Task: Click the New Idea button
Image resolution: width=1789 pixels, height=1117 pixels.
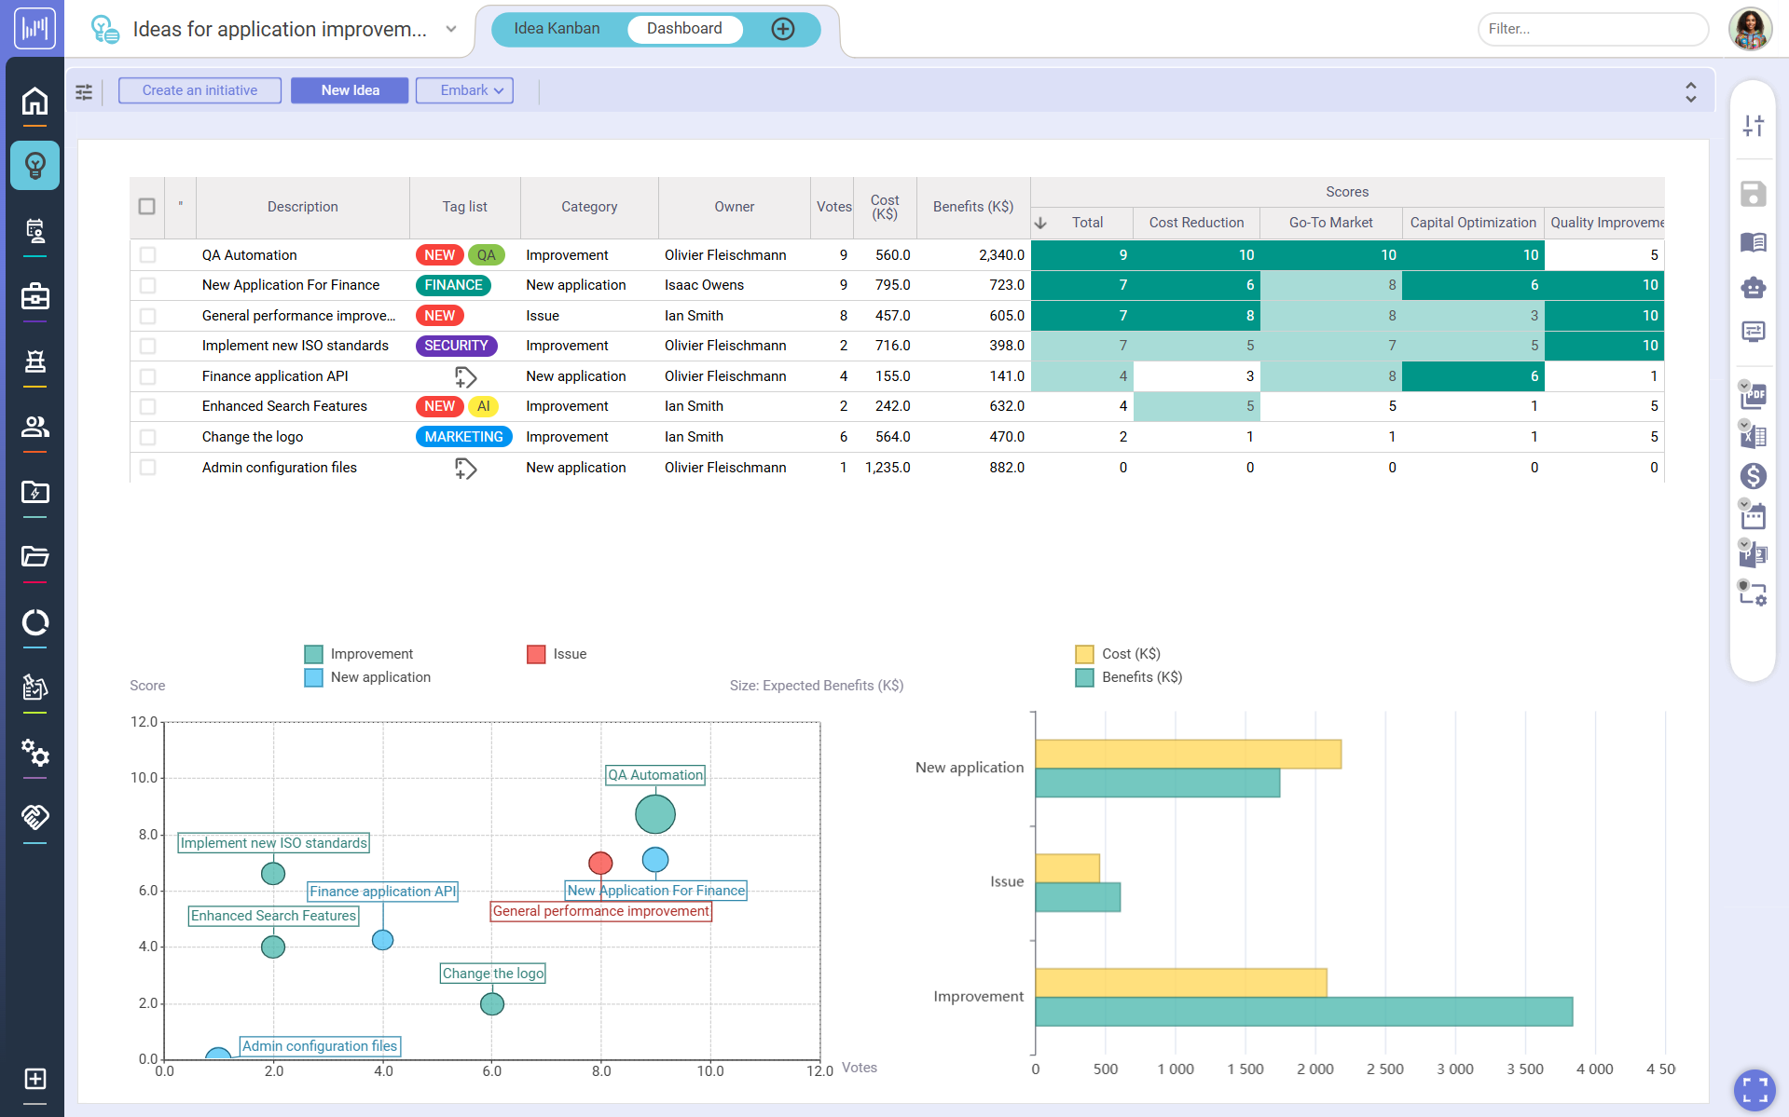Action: click(350, 90)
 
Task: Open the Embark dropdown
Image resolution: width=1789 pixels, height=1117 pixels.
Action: click(464, 90)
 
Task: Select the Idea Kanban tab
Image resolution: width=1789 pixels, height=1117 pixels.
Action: click(557, 29)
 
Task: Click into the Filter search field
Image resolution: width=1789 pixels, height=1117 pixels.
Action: click(1592, 29)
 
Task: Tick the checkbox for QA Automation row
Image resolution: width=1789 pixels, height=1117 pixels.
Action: click(147, 255)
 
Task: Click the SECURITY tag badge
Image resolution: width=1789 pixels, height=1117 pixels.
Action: click(456, 346)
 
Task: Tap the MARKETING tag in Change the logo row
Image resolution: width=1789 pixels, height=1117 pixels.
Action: click(463, 437)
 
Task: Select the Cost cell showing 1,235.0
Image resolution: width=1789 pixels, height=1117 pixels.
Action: click(887, 468)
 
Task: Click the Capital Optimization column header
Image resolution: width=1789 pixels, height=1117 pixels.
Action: click(1472, 223)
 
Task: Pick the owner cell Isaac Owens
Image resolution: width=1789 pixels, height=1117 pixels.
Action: click(704, 285)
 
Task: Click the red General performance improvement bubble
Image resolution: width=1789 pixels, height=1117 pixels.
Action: click(600, 863)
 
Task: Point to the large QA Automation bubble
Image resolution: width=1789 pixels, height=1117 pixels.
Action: click(655, 814)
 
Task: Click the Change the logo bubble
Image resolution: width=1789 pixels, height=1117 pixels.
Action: click(492, 1003)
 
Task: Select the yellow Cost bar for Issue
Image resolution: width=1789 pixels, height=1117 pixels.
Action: click(1067, 868)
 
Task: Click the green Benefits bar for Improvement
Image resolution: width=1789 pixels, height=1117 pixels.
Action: click(1303, 1012)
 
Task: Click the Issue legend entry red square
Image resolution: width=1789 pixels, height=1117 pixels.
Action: click(536, 654)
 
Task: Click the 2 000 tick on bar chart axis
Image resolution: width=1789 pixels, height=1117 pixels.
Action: click(1314, 1069)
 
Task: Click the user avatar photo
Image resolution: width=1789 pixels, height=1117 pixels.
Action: click(1750, 29)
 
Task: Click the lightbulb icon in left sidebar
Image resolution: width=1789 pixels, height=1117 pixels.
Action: click(34, 166)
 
